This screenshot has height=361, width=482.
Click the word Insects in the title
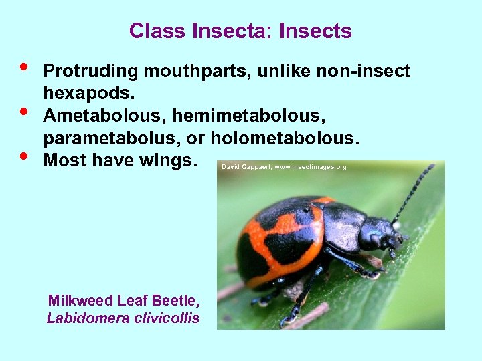(x=315, y=31)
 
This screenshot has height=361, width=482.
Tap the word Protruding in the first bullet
(x=90, y=71)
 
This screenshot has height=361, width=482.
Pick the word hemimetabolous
(x=249, y=116)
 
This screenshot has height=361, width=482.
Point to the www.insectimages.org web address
(x=312, y=167)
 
